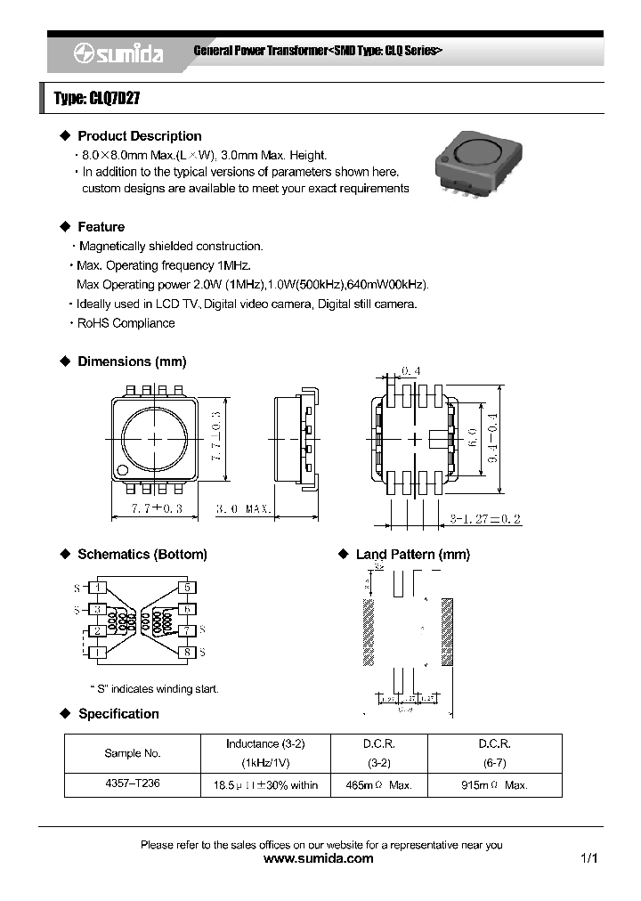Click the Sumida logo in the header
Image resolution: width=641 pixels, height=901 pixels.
point(118,54)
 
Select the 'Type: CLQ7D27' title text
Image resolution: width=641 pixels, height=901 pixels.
point(97,99)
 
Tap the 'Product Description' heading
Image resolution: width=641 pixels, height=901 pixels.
point(139,136)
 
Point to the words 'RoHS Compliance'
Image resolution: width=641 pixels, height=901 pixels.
point(126,323)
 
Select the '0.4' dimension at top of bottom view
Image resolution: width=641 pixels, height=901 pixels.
point(410,370)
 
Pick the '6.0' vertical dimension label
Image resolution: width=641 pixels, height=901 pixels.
point(473,438)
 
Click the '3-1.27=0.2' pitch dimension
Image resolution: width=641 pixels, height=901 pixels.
point(485,518)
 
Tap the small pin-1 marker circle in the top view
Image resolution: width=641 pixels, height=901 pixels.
point(124,470)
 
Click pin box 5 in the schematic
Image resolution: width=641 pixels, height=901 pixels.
point(187,588)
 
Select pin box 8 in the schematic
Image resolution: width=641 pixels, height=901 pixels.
point(187,652)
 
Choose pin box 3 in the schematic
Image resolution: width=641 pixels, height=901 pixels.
point(100,609)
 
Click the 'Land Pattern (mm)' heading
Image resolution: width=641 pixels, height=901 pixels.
point(412,555)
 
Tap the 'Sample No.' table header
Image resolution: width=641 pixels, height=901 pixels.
point(133,753)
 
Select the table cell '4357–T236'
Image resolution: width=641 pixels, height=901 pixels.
point(133,784)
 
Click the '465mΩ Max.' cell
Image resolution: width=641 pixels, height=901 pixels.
point(378,785)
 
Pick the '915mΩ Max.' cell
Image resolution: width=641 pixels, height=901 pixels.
point(494,785)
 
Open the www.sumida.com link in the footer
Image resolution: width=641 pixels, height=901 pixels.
point(320,859)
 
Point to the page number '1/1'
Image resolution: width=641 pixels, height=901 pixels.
point(588,859)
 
